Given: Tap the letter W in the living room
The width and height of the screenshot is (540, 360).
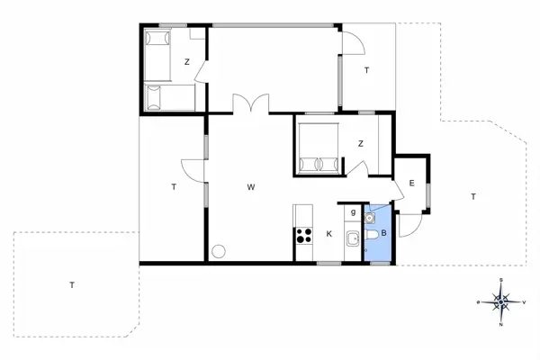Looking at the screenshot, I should (x=253, y=188).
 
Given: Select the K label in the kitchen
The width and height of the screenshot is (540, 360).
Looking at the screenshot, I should (x=329, y=234).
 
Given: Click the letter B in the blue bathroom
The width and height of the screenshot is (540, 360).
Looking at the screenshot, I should (x=384, y=233).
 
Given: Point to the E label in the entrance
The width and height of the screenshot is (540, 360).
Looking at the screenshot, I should (x=411, y=184).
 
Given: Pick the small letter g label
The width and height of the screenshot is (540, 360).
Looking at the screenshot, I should (x=354, y=212).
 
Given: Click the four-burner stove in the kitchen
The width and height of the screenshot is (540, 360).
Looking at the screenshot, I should (x=302, y=238).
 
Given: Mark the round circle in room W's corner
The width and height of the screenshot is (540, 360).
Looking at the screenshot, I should (x=218, y=252).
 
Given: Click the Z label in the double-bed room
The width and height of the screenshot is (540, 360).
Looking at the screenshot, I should (x=360, y=143).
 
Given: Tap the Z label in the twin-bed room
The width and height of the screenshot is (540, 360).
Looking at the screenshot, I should (x=187, y=62).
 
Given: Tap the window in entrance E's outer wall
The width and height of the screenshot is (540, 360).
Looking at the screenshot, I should (x=428, y=194).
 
